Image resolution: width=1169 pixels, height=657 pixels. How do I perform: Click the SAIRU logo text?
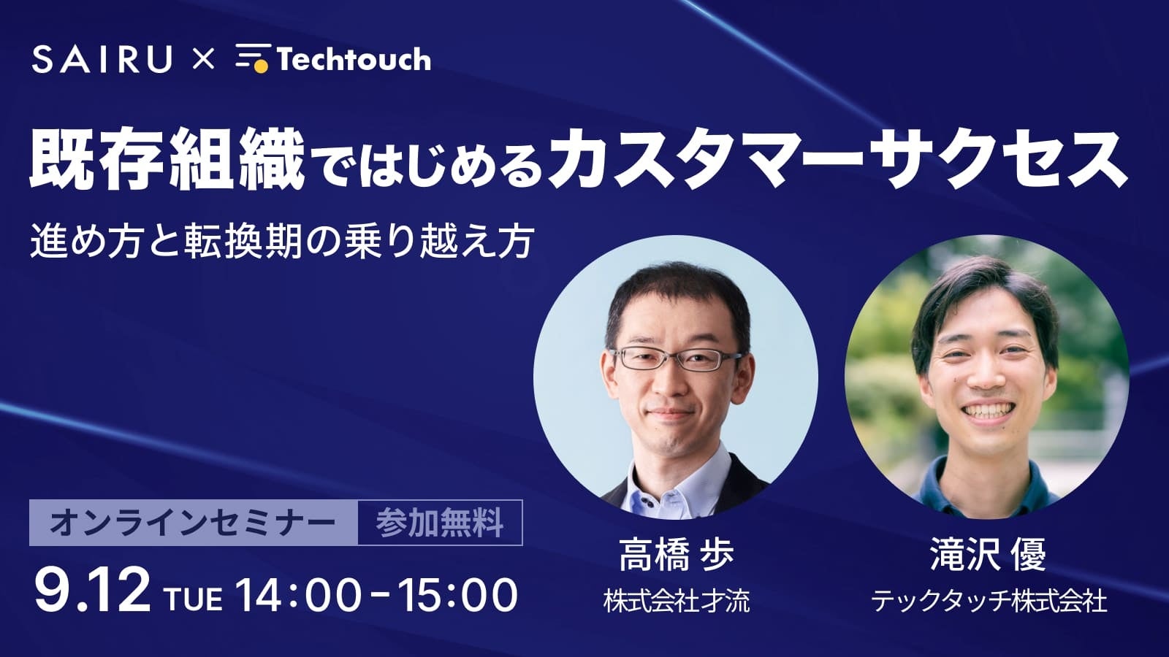pyautogui.click(x=102, y=59)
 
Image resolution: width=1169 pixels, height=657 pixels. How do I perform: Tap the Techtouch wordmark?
pyautogui.click(x=354, y=59)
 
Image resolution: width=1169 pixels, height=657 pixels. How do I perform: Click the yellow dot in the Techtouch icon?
pyautogui.click(x=261, y=66)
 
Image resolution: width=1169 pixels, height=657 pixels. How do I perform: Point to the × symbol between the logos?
pyautogui.click(x=203, y=59)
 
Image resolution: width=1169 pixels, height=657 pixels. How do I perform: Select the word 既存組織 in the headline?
pyautogui.click(x=167, y=159)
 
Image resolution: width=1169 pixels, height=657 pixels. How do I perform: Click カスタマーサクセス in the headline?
pyautogui.click(x=837, y=159)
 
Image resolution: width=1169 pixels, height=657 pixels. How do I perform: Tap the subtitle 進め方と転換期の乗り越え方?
pyautogui.click(x=282, y=242)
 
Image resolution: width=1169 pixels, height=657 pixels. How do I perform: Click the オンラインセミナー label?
pyautogui.click(x=193, y=523)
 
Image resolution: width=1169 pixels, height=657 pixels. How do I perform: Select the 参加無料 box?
pyautogui.click(x=440, y=523)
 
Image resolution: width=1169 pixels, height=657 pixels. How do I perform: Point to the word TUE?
pyautogui.click(x=193, y=599)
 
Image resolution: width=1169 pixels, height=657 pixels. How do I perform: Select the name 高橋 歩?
pyautogui.click(x=676, y=555)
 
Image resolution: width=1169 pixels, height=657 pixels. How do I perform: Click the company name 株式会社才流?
pyautogui.click(x=677, y=601)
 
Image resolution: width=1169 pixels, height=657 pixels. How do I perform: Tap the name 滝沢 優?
pyautogui.click(x=987, y=554)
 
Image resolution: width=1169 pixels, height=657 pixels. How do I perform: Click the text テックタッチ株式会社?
pyautogui.click(x=988, y=602)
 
